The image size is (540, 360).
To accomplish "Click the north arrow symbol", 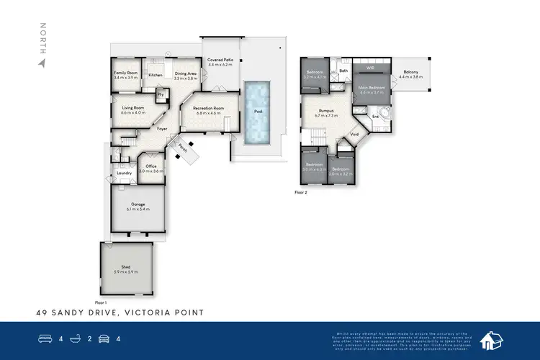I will point(42,63).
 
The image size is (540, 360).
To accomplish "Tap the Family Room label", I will point(125,73).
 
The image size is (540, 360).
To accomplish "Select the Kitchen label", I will point(155,75).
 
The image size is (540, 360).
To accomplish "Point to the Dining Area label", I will point(186,73).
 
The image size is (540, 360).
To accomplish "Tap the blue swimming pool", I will point(255,111).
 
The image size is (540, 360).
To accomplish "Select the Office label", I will point(151,166).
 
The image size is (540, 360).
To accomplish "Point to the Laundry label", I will point(123,173).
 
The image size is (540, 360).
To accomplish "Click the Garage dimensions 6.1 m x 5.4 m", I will point(137,210).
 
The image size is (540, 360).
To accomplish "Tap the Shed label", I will point(126,266).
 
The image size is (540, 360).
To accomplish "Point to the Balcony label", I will point(410,71).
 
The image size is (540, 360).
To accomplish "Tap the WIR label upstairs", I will point(370,68).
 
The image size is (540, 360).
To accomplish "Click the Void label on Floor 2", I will point(354,134).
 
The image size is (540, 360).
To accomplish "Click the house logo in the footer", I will point(491,340).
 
